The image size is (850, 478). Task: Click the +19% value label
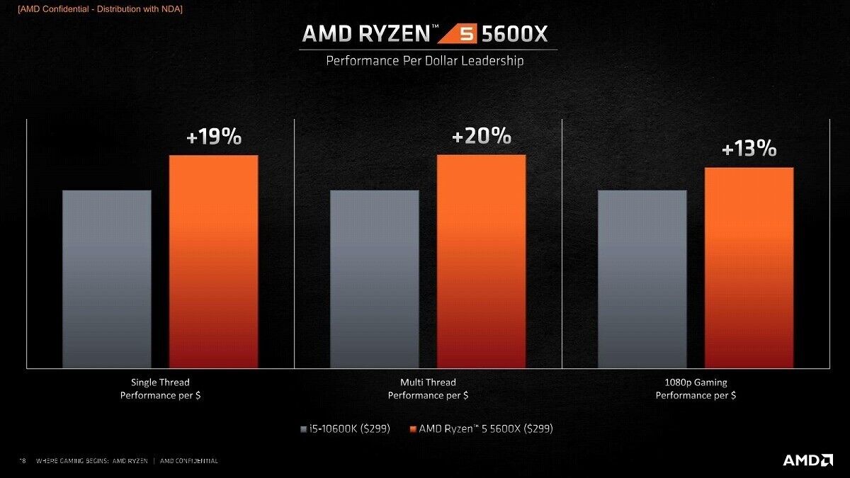coord(214,137)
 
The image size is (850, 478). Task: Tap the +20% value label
coord(481,135)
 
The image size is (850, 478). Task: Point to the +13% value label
coord(749,149)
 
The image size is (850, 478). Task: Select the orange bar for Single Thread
coord(213,261)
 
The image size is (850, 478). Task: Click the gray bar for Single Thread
coord(107,279)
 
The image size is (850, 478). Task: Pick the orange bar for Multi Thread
coord(481,261)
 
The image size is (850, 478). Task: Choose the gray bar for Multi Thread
coord(375,279)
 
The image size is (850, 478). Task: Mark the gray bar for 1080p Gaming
coord(642,279)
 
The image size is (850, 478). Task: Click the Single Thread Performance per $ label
coord(160,389)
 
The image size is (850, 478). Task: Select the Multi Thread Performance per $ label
coord(428,389)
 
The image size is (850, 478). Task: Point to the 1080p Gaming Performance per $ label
coord(696,389)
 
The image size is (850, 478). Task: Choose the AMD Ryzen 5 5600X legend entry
coord(481,428)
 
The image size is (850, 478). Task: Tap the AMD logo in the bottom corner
coord(807,460)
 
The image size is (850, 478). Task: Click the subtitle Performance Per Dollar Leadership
coord(425,61)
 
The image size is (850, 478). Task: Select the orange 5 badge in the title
coord(467,34)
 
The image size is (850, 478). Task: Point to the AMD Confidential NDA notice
coord(100,8)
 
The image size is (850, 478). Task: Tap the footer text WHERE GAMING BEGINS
coord(92,461)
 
